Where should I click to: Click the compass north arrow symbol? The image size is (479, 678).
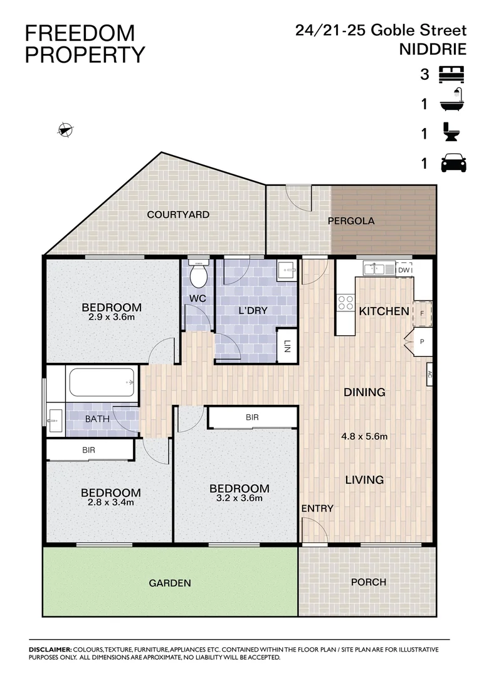[65, 130]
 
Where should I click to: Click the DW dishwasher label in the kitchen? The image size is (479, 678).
[404, 270]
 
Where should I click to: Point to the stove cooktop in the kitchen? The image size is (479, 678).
[345, 303]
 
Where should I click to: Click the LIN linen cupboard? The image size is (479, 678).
[287, 346]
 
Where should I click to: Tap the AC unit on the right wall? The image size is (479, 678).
[430, 377]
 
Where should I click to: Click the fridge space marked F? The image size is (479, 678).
[422, 313]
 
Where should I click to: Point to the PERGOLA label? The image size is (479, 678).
[351, 221]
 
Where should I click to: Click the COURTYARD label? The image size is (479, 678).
[178, 215]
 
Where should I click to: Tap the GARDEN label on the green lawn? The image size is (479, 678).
[169, 583]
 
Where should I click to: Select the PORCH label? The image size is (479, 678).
[368, 582]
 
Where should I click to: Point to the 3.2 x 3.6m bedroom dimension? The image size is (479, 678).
[239, 498]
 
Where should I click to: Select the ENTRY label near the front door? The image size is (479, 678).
[317, 508]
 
